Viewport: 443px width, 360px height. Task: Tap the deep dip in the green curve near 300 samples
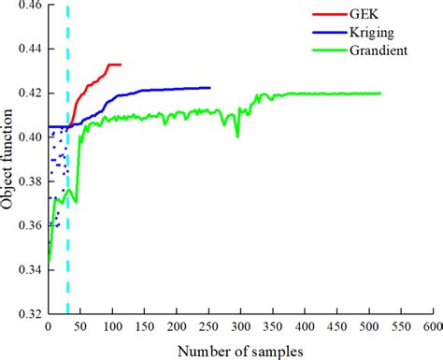(x=237, y=137)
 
